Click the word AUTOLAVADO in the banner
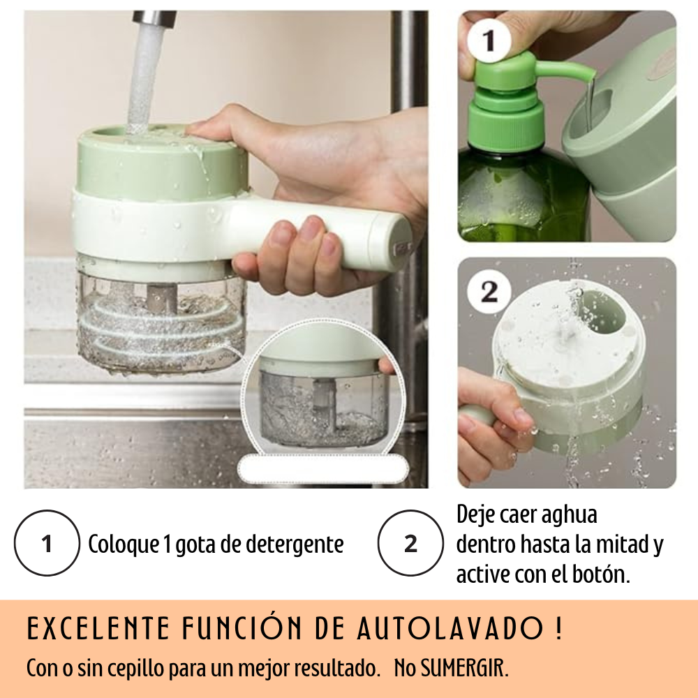pos(450,628)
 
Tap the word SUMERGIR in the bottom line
pos(464,668)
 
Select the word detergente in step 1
pos(295,544)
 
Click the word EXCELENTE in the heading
pos(99,628)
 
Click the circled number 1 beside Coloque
pos(47,543)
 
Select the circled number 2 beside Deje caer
pos(410,543)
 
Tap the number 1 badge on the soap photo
pos(489,40)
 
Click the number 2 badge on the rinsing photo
pos(489,292)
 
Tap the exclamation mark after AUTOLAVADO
pos(558,628)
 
